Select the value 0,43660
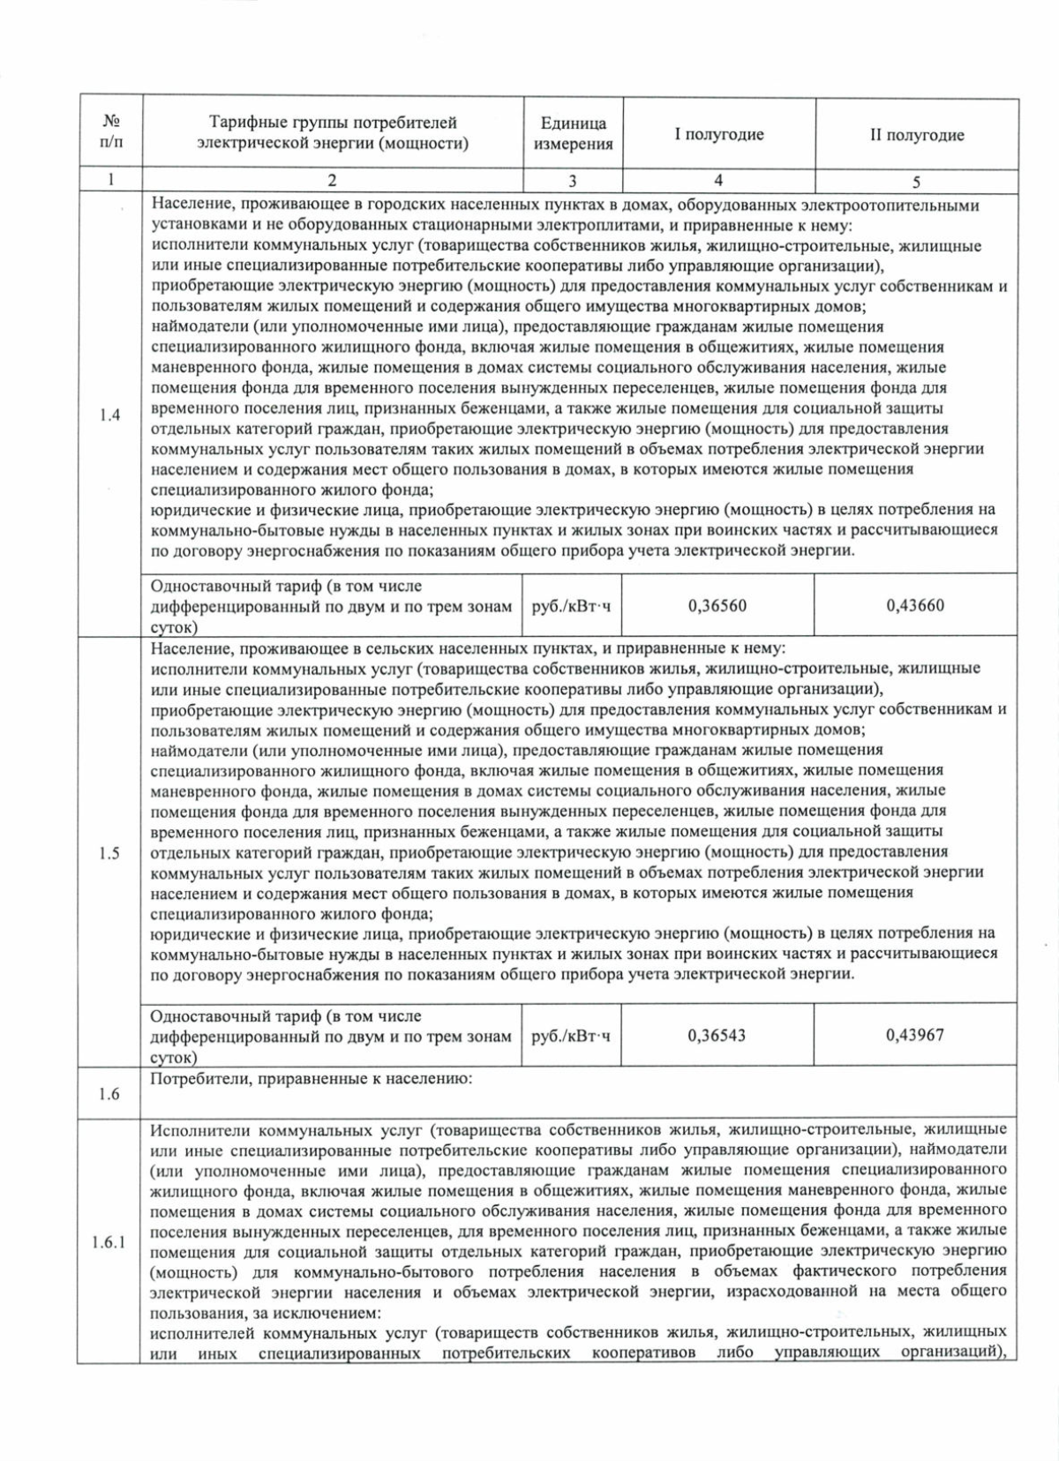click(x=915, y=605)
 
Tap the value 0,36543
click(x=717, y=1035)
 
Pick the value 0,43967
click(x=915, y=1035)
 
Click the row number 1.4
click(x=109, y=415)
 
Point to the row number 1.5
click(x=109, y=853)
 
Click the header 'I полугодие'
click(x=718, y=134)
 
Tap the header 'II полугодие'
click(x=917, y=135)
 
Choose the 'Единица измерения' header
click(x=573, y=134)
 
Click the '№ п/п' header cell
click(x=111, y=131)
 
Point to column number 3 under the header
click(x=573, y=181)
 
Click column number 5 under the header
click(x=916, y=182)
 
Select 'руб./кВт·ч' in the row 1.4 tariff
click(x=571, y=606)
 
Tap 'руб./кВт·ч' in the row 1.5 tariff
click(x=571, y=1036)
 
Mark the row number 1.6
click(x=109, y=1094)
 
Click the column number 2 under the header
click(x=332, y=181)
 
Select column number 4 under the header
click(x=718, y=180)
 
